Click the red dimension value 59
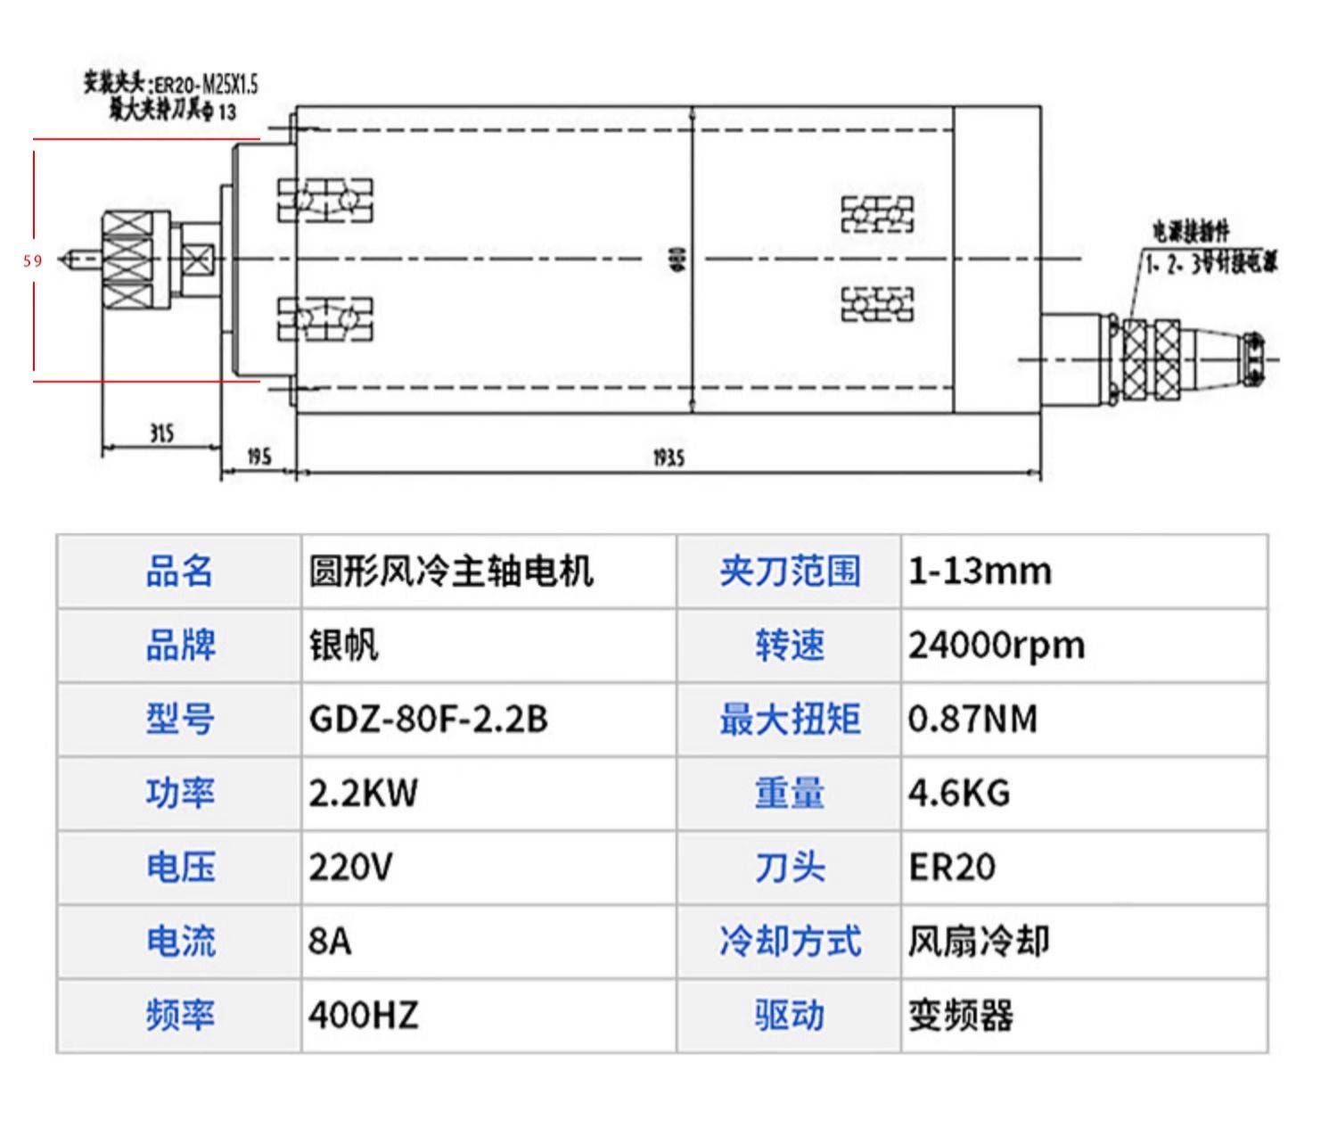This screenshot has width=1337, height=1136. coord(33,261)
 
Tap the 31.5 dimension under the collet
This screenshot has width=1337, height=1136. coord(161,434)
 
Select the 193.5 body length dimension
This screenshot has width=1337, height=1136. coord(668,457)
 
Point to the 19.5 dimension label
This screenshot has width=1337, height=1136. coord(258,457)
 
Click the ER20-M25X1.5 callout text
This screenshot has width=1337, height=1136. coord(206,85)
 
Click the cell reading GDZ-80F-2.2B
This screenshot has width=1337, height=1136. coord(428,719)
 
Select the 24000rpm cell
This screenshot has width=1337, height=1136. coord(997,645)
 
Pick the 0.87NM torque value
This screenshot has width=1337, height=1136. coord(972,719)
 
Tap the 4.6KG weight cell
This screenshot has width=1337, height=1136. coord(959,793)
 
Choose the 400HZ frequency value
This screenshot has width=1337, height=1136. coord(363,1015)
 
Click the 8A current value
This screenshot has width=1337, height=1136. coord(330,941)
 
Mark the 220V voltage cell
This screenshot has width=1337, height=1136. coord(350,867)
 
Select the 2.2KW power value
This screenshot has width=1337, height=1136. coord(363,793)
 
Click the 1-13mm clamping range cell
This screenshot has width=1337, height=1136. coord(980,571)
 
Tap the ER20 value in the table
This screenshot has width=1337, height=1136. coord(951,867)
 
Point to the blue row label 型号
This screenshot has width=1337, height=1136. coord(180,719)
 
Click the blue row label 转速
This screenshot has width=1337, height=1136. coord(790,645)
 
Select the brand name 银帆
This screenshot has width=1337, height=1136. coord(343,645)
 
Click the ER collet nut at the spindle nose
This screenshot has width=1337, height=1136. coord(135,260)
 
